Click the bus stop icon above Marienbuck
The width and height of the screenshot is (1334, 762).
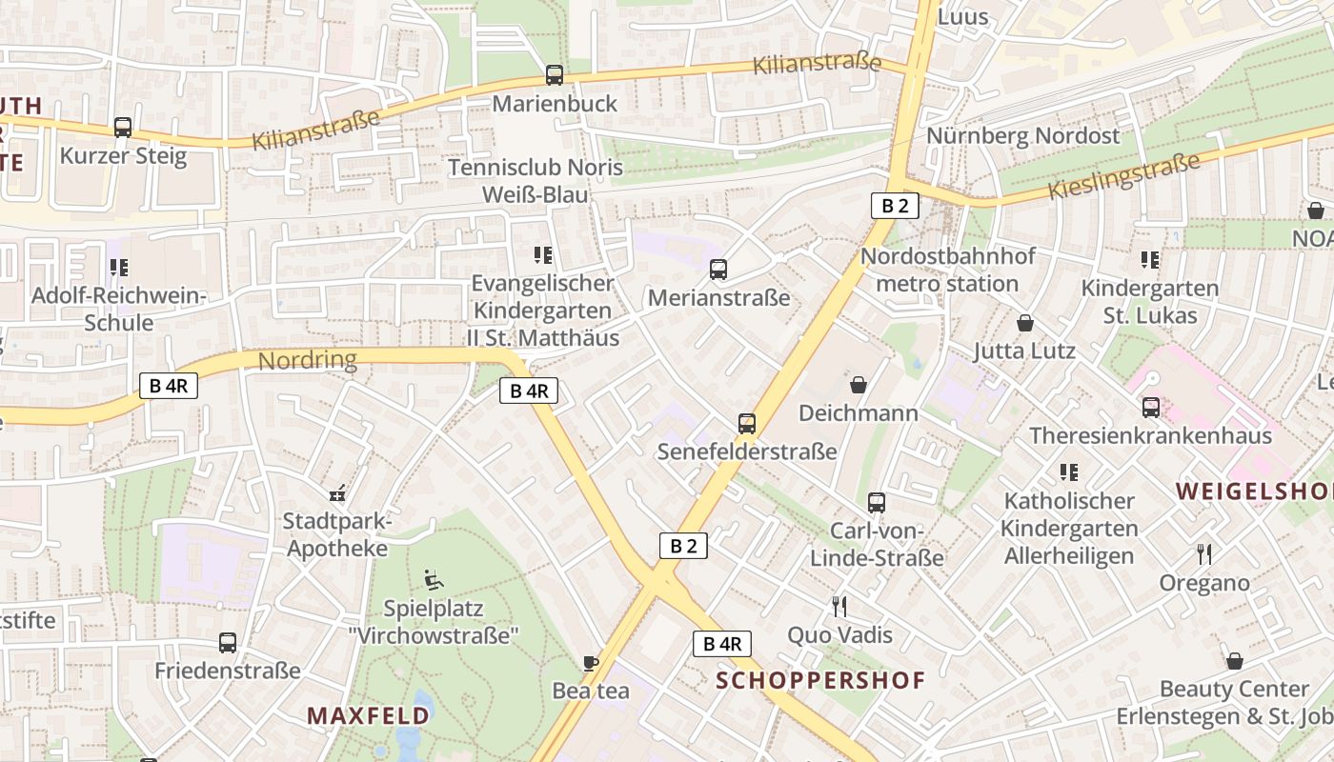[x=554, y=75]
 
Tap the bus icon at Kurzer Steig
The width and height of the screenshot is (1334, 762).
[x=123, y=128]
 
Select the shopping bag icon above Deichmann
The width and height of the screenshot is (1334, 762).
[x=859, y=385]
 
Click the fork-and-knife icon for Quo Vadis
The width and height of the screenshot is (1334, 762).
[x=839, y=607]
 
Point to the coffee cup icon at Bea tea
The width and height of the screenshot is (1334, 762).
[x=591, y=663]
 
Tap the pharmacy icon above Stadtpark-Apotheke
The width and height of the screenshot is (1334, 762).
[x=336, y=494]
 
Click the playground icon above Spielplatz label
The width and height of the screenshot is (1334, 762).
[x=433, y=579]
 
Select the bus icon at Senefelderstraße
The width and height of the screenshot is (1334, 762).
[x=747, y=424]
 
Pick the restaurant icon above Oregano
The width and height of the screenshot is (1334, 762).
[x=1204, y=554]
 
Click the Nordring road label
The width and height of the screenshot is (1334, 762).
[x=308, y=360]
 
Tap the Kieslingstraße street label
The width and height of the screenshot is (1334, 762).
[x=1123, y=176]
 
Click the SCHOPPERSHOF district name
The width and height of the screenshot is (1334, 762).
[x=820, y=680]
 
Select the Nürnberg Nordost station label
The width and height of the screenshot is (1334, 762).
[x=1023, y=136]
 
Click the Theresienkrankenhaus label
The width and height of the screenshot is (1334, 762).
[x=1150, y=436]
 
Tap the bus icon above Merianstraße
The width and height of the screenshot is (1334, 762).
[x=718, y=270]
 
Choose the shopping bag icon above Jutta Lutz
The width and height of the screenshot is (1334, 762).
[x=1025, y=323]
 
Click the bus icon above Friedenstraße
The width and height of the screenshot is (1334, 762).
[x=228, y=643]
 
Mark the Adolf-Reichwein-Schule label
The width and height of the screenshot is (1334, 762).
[x=119, y=309]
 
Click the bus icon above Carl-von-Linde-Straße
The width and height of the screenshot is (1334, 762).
[x=877, y=503]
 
